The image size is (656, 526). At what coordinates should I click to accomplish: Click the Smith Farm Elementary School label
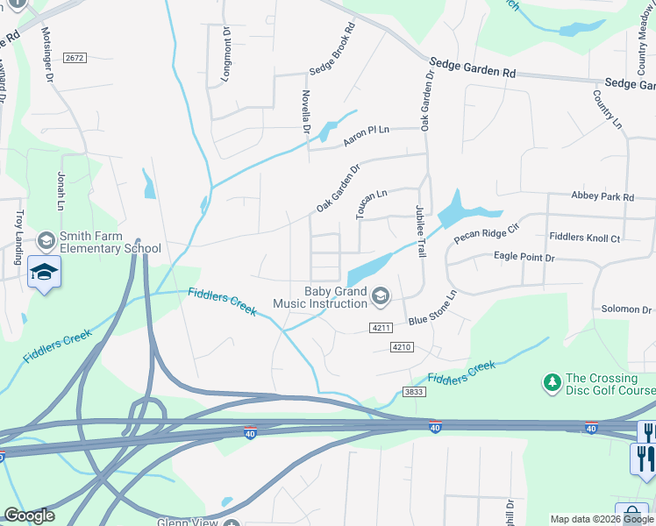point(111,243)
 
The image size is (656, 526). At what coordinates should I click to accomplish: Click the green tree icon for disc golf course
point(552,382)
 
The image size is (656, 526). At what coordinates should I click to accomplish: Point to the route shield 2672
point(75,58)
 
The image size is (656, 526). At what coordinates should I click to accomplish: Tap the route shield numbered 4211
point(380,328)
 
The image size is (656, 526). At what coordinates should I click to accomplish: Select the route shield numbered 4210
point(402,348)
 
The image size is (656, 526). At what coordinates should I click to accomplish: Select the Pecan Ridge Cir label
point(487,231)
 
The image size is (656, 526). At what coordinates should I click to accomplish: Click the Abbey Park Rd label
point(602,197)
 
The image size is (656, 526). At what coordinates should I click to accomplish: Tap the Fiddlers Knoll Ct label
point(584,238)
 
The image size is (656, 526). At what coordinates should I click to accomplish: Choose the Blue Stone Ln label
point(432,308)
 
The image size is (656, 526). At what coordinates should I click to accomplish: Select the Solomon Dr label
point(626,309)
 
